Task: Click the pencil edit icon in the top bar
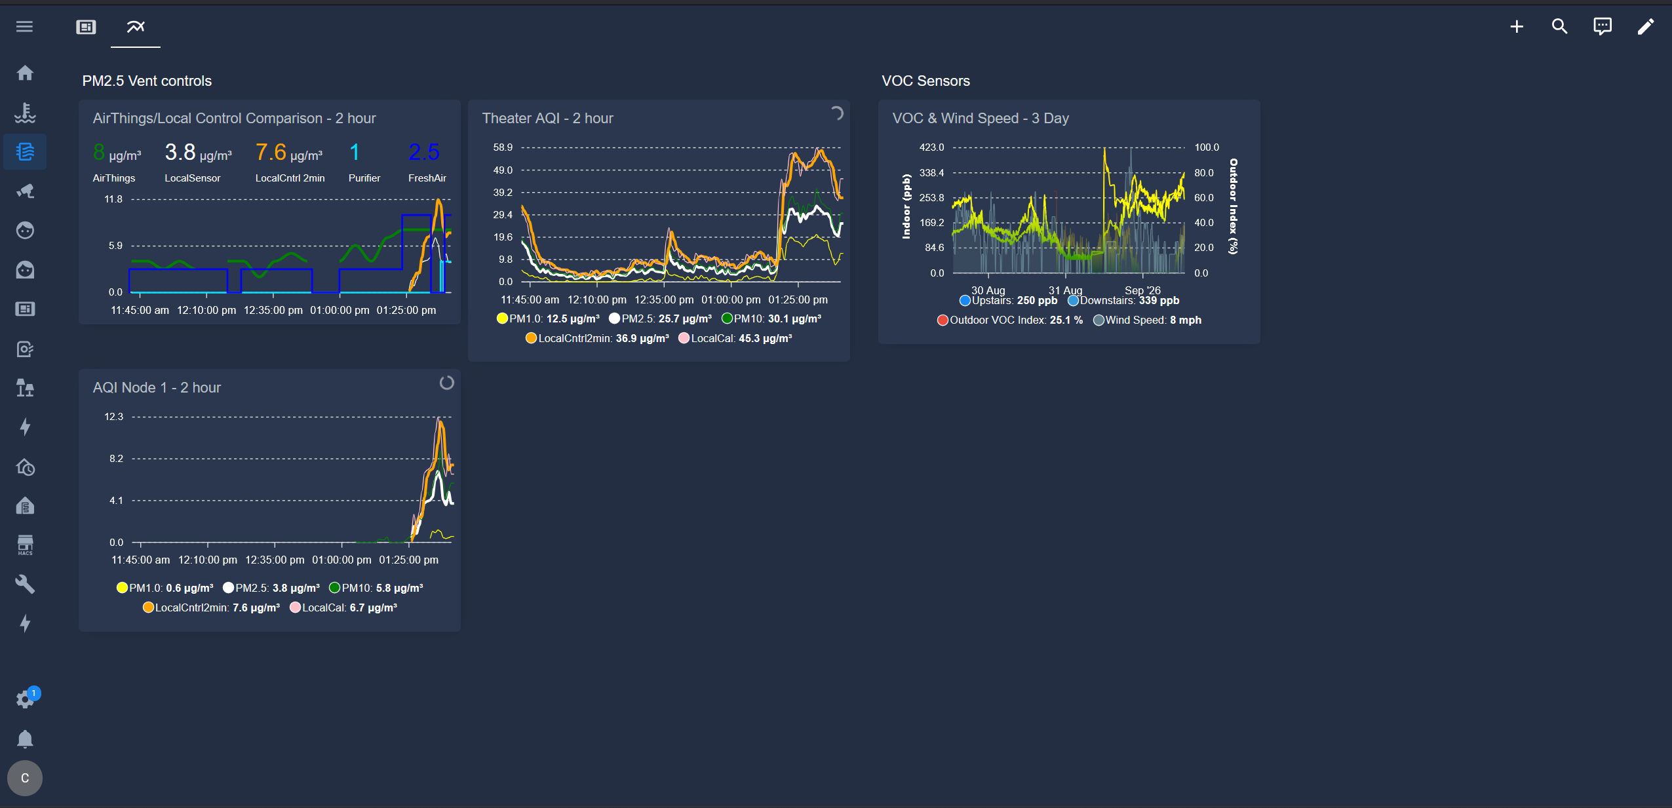coord(1645,27)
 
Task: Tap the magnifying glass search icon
coord(1559,27)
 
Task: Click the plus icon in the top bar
coord(1517,27)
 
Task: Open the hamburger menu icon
coord(25,27)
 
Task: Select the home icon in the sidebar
coord(25,73)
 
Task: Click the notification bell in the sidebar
coord(25,739)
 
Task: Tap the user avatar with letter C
coord(25,778)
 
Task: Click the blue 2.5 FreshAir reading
coord(424,153)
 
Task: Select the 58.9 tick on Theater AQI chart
coord(503,147)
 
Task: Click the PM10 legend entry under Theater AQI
coord(771,318)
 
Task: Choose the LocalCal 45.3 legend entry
coord(735,338)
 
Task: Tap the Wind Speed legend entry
coord(1148,320)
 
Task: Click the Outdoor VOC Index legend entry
coord(1010,320)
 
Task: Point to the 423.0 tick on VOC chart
coord(931,147)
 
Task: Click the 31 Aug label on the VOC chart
coord(1065,290)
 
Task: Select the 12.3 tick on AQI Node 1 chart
coord(113,417)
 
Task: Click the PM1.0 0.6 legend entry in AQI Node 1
coord(165,588)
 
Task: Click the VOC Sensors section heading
coord(925,81)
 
